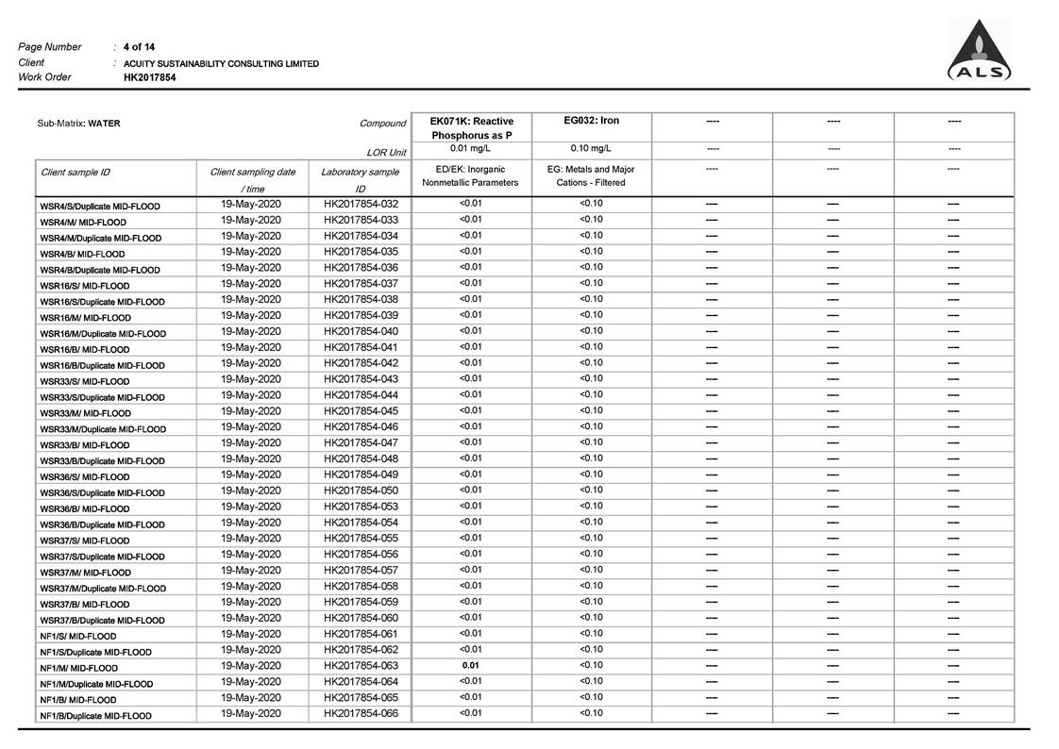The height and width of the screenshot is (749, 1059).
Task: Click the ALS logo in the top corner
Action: pos(980,53)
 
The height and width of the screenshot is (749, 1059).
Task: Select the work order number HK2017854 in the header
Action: pos(149,77)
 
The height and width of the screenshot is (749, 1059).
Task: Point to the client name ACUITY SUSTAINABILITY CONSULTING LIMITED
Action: pos(221,63)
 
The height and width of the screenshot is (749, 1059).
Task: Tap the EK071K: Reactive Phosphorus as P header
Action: pos(471,128)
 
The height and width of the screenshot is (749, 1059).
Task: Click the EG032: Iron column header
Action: pos(591,121)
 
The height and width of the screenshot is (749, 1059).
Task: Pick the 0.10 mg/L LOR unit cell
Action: pos(591,148)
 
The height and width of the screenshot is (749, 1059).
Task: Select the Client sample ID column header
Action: pos(76,173)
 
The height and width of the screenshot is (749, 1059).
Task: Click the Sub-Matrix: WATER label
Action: pos(78,124)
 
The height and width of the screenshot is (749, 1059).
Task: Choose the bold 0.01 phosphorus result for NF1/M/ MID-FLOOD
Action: pos(470,665)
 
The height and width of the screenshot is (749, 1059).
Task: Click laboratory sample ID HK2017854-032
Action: pos(361,204)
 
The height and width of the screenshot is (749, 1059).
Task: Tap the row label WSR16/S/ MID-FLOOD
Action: pos(85,286)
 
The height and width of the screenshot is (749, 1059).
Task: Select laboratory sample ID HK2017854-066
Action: pos(361,713)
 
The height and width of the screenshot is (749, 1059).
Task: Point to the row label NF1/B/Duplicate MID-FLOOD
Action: pos(95,716)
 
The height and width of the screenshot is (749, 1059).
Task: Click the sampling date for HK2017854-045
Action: pos(251,410)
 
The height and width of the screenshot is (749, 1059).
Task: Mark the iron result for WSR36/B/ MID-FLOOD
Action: pos(591,506)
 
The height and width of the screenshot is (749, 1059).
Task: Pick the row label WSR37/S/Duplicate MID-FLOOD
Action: pos(102,557)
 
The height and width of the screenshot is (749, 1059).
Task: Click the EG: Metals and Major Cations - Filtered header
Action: pos(591,176)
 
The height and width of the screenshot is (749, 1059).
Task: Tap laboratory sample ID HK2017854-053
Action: pos(361,507)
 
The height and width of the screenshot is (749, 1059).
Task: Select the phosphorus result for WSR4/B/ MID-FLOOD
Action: pos(470,251)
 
